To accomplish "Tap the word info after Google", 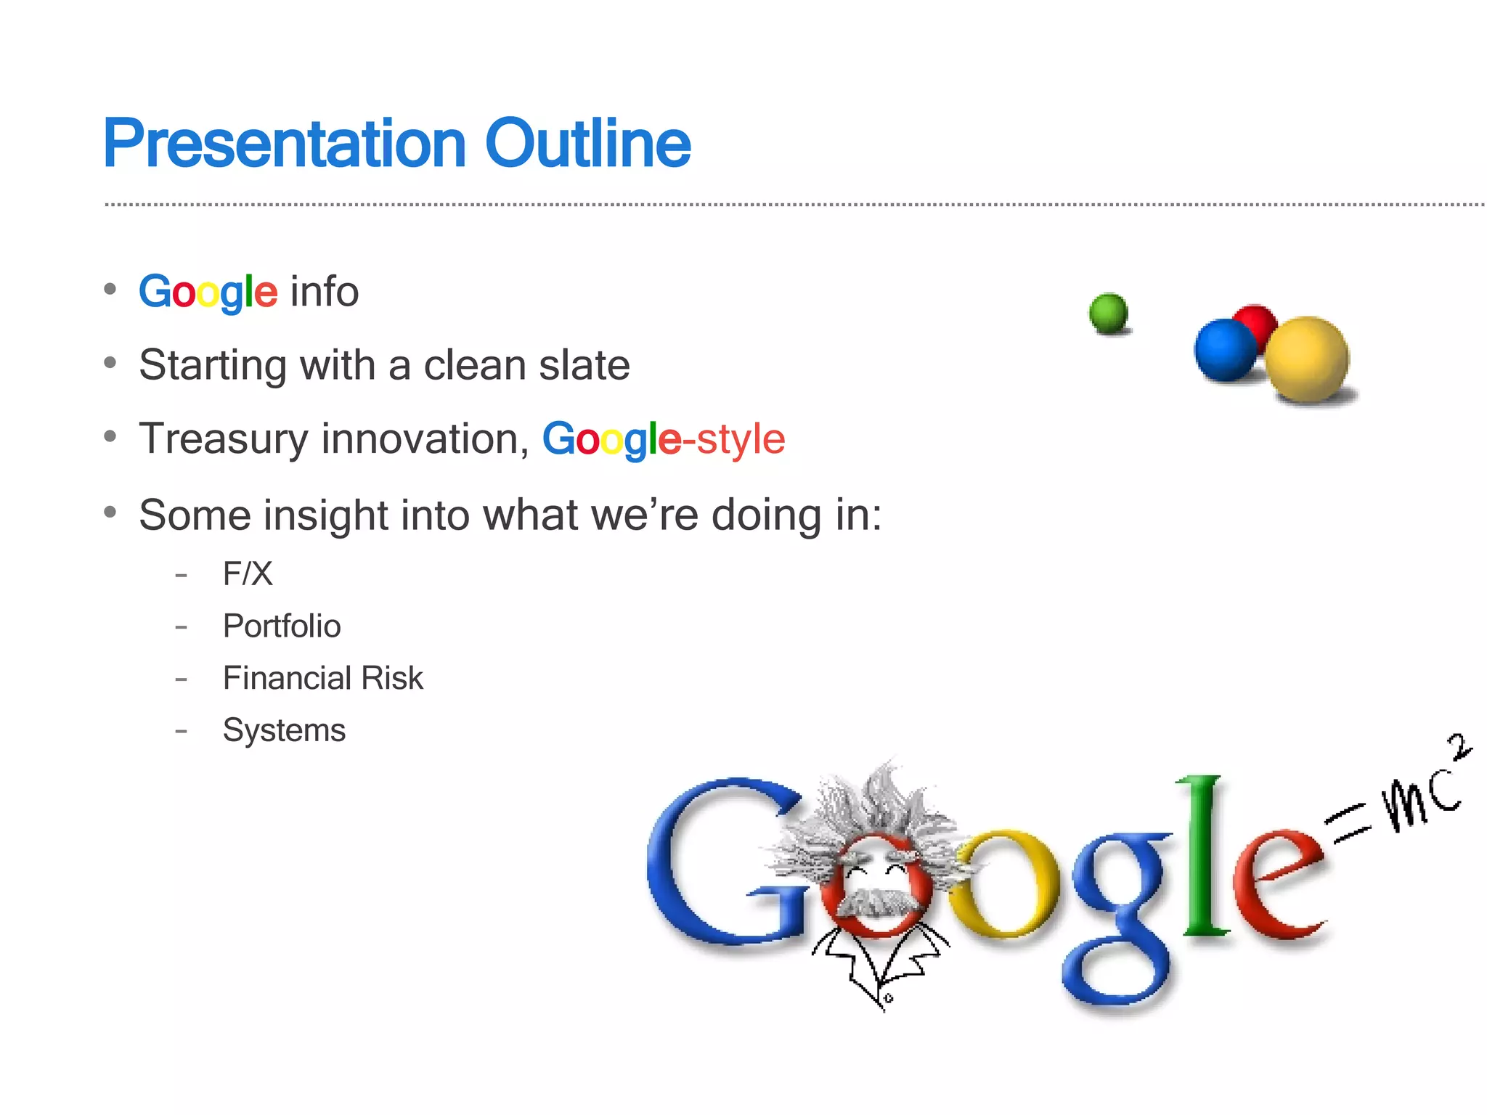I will tap(324, 292).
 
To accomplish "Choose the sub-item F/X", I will tap(248, 574).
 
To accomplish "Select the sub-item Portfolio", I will tap(282, 626).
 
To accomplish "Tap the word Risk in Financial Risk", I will tap(392, 678).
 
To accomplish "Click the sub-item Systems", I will tap(284, 730).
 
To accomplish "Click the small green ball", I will tap(1108, 313).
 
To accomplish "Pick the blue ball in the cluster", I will tap(1224, 350).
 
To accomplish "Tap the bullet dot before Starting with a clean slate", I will tap(110, 362).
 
